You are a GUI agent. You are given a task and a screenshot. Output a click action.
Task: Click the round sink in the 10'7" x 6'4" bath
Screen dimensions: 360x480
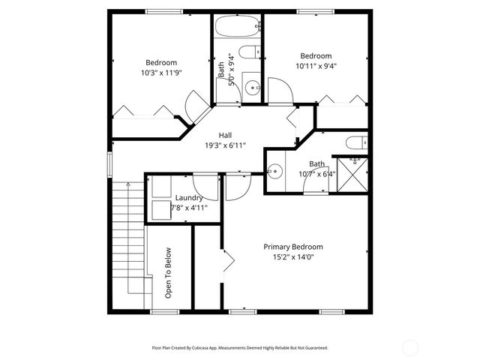[x=275, y=171]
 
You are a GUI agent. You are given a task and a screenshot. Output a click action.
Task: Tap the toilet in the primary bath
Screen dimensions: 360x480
[x=356, y=142]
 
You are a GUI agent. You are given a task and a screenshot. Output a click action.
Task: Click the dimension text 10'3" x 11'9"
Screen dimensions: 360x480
[x=162, y=73]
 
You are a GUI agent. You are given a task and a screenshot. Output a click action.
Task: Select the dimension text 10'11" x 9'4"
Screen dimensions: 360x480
[x=316, y=65]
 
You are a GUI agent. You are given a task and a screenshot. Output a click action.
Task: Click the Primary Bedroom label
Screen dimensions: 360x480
[x=292, y=247]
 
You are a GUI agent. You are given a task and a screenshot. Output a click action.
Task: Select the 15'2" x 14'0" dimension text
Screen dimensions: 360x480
[x=292, y=256]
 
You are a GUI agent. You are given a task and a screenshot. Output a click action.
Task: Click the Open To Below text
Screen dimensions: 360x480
[x=168, y=273]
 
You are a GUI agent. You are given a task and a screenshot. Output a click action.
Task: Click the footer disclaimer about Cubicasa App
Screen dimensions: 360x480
[x=240, y=348]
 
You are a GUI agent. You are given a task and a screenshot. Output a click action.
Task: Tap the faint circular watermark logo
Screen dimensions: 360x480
[x=410, y=347]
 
